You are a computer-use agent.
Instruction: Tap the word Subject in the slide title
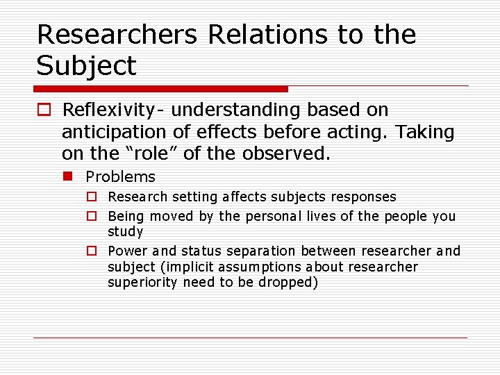87,67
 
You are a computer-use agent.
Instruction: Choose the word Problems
120,177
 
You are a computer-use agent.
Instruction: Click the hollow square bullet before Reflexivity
44,110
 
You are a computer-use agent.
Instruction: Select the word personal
281,217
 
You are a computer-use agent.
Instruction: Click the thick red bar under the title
160,89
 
